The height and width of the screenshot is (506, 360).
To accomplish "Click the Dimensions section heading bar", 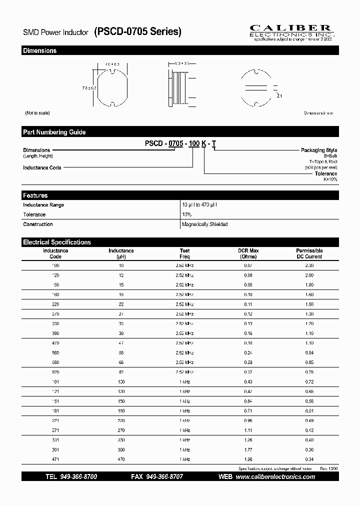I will pos(180,50).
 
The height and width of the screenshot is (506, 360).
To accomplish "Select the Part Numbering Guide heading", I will pos(180,132).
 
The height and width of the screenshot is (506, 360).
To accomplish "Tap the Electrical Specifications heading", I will pos(180,242).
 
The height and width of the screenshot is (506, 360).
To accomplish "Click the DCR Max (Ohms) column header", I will pos(248,253).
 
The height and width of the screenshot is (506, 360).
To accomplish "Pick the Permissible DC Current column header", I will pos(309,253).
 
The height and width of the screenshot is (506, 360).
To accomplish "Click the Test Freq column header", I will pos(185,253).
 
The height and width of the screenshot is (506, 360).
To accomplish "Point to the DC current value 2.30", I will pos(309,265).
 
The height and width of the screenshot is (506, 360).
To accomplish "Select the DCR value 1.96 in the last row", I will pos(248,459).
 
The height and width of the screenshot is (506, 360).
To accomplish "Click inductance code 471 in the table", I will pos(55,459).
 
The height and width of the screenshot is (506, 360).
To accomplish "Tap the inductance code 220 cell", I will pos(55,304).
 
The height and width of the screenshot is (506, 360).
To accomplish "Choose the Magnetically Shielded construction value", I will pos(205,224).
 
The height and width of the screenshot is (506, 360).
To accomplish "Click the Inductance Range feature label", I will pos(43,205).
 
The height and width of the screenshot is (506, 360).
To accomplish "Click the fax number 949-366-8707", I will pos(164,477).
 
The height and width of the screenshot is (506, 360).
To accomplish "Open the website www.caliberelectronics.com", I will pos(275,477).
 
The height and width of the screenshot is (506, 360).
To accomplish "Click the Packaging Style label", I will pos(318,150).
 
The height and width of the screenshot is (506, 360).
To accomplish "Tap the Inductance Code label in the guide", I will pos(42,168).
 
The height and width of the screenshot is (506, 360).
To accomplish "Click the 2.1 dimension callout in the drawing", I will pos(279,95).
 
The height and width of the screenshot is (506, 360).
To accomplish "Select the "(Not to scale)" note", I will pos(37,113).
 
